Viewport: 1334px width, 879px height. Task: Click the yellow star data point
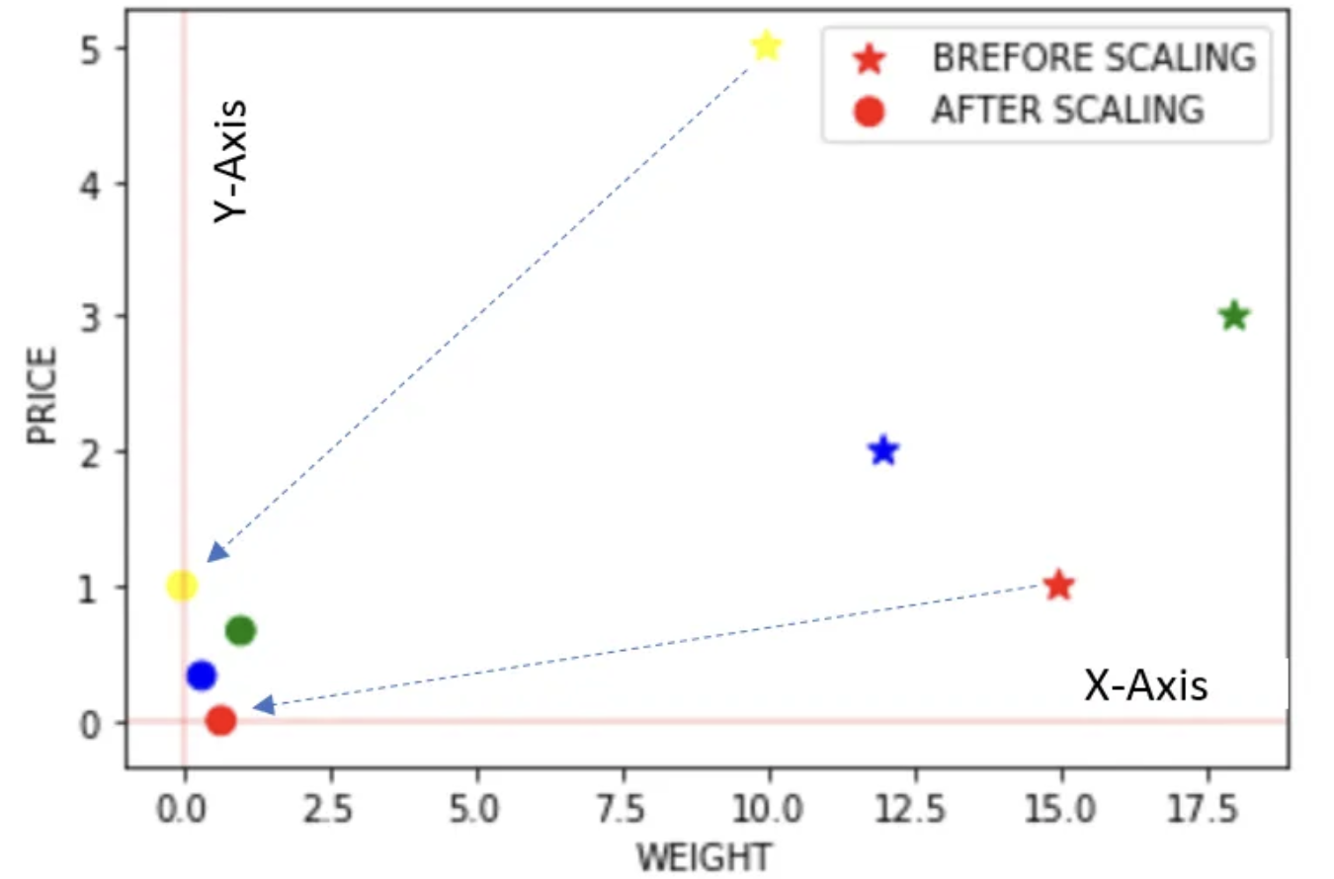(x=766, y=45)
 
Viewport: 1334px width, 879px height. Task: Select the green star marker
(x=1233, y=316)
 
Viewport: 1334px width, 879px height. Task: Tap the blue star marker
(x=883, y=450)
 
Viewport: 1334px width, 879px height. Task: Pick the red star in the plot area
(x=1058, y=585)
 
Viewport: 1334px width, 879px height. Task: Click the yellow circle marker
(x=181, y=586)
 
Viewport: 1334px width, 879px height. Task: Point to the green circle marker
(x=240, y=630)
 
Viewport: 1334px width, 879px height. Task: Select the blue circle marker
(x=201, y=676)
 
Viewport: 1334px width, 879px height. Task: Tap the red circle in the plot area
(x=221, y=721)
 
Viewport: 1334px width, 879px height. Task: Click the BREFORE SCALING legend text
(x=1093, y=58)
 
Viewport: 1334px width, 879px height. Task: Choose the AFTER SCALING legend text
(x=1067, y=110)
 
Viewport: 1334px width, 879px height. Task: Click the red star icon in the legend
(x=869, y=59)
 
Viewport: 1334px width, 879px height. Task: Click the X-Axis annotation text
(x=1145, y=684)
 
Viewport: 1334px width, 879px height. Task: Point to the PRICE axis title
(x=42, y=408)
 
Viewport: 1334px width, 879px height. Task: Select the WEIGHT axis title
(x=704, y=855)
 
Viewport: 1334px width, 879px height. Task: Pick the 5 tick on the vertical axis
(x=92, y=48)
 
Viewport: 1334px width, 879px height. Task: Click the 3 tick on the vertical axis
(x=92, y=317)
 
